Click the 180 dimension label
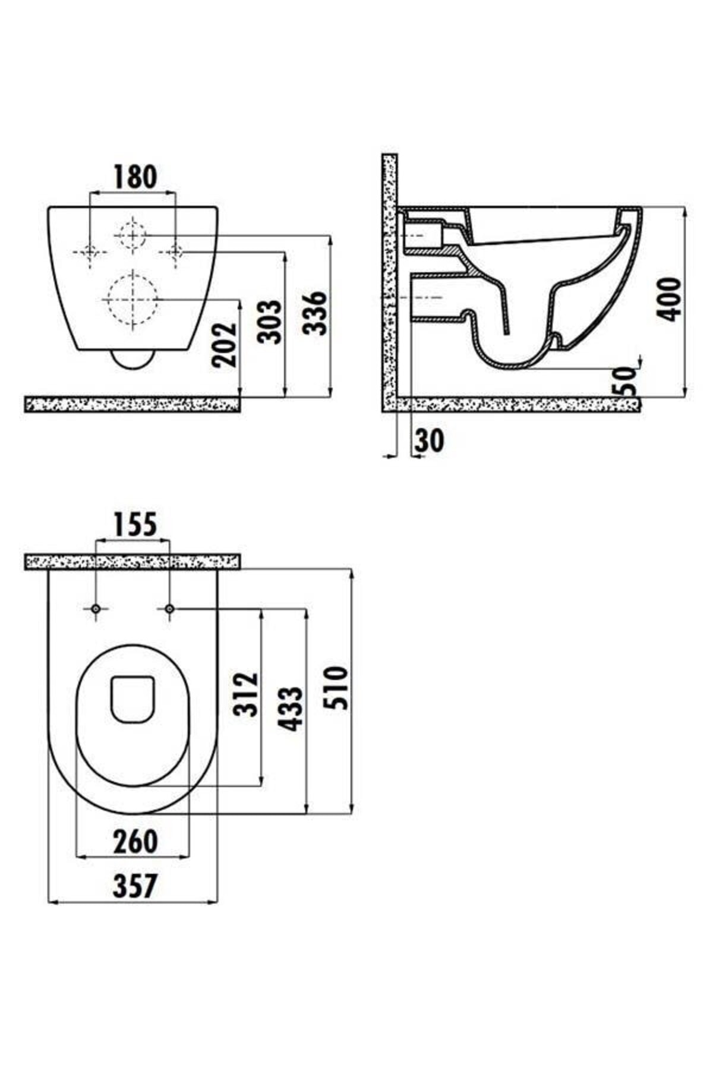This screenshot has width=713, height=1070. click(135, 177)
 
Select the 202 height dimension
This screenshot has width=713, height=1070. click(225, 344)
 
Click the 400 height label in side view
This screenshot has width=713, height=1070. click(671, 299)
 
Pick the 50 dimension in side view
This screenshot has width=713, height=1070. click(625, 381)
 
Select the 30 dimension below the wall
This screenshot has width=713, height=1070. click(429, 440)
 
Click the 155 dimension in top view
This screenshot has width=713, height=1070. click(135, 524)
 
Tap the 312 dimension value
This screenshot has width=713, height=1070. click(246, 694)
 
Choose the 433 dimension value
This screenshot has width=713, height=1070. click(291, 709)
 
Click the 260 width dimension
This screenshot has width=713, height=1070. click(135, 841)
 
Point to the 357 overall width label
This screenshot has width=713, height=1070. click(135, 886)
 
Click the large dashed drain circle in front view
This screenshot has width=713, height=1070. click(132, 299)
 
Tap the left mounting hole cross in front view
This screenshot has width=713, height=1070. click(89, 252)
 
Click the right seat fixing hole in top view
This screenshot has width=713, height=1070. click(169, 609)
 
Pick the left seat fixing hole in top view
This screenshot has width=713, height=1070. click(96, 609)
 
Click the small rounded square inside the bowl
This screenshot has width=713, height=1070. click(133, 698)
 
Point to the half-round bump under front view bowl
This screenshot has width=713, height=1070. click(132, 360)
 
